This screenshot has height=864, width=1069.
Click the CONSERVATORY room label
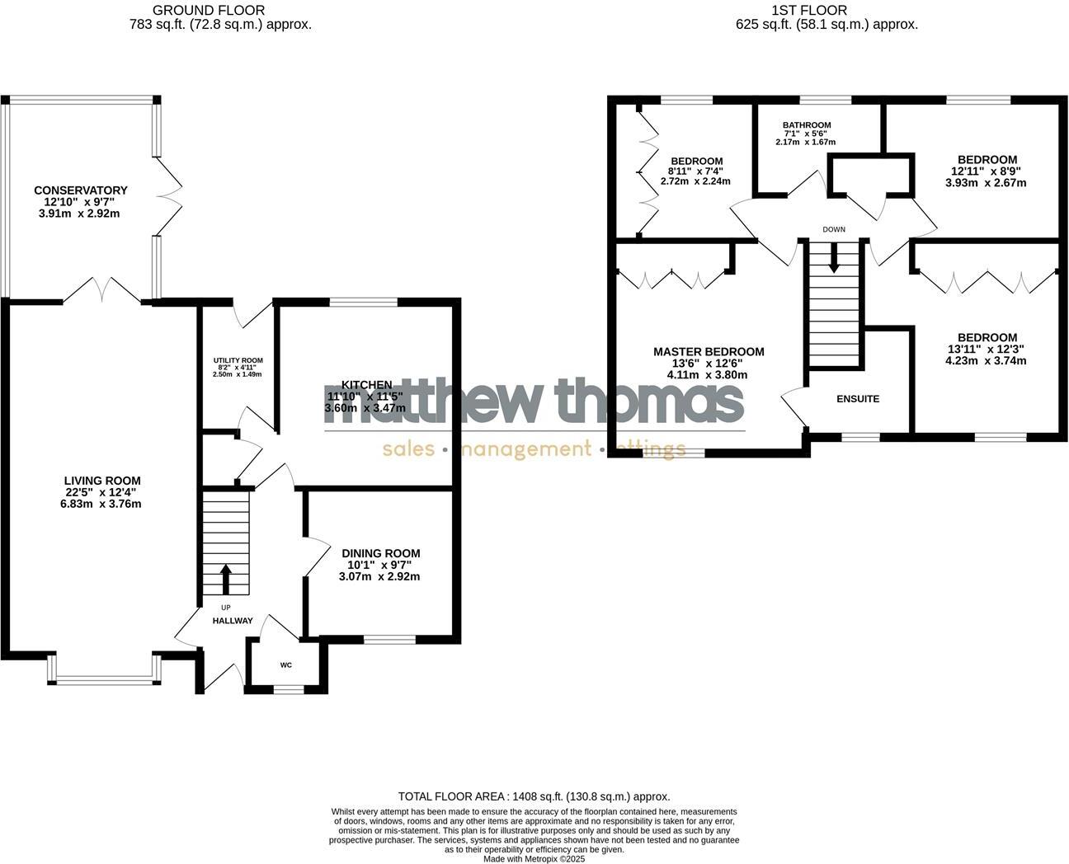pyautogui.click(x=80, y=190)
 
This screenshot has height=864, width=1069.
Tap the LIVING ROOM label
pyautogui.click(x=102, y=481)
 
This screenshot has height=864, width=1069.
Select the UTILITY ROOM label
pyautogui.click(x=238, y=360)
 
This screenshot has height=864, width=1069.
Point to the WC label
pyautogui.click(x=286, y=664)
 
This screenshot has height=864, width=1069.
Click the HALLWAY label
pyautogui.click(x=233, y=621)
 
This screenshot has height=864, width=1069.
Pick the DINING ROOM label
pyautogui.click(x=380, y=553)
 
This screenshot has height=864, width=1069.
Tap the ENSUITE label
pyautogui.click(x=858, y=399)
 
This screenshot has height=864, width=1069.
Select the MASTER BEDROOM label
pyautogui.click(x=709, y=351)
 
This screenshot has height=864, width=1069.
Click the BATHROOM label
pyautogui.click(x=807, y=125)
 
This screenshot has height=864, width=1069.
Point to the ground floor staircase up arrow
pyautogui.click(x=225, y=579)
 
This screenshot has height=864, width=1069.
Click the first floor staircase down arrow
pyautogui.click(x=834, y=261)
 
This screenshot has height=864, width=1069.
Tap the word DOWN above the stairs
pyautogui.click(x=834, y=229)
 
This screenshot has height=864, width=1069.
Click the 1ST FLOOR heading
pyautogui.click(x=826, y=11)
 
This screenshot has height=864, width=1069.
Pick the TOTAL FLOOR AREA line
pyautogui.click(x=534, y=796)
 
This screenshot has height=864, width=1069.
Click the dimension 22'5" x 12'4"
pyautogui.click(x=102, y=492)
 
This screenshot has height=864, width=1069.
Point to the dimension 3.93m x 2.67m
pyautogui.click(x=986, y=182)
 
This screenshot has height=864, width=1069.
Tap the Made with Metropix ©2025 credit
pyautogui.click(x=534, y=858)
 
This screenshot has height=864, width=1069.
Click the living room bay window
pyautogui.click(x=104, y=679)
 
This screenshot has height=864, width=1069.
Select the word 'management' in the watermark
pyautogui.click(x=525, y=449)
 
